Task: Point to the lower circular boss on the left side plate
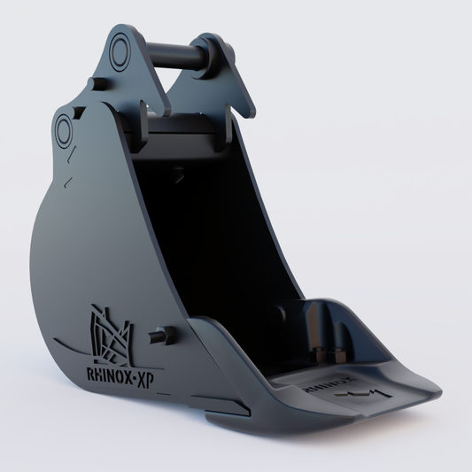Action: pyautogui.click(x=66, y=132)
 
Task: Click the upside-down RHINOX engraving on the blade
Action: pyautogui.click(x=324, y=386)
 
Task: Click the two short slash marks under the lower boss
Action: pyautogui.click(x=70, y=173)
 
